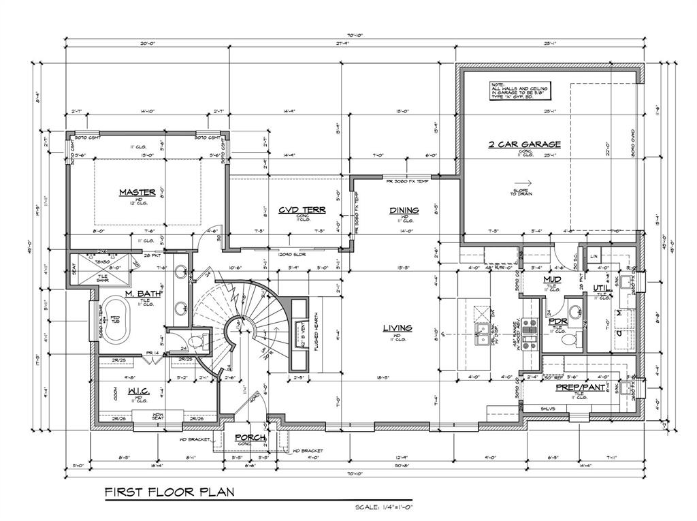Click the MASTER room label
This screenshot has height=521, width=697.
coord(137,192)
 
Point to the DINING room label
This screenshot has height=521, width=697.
coord(404,210)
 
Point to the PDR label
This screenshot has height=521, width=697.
coord(558,321)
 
